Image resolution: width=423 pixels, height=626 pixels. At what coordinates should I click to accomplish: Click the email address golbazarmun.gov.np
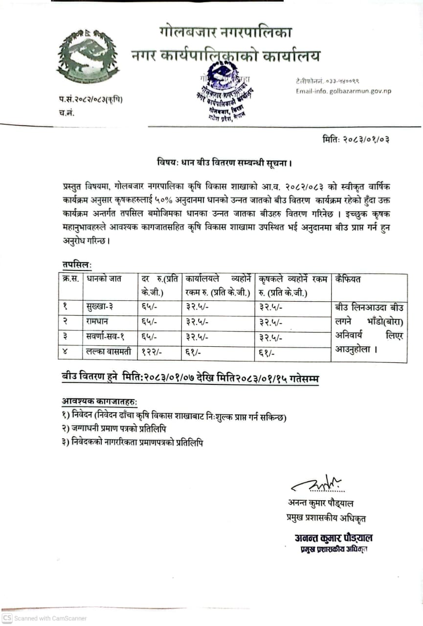(343, 91)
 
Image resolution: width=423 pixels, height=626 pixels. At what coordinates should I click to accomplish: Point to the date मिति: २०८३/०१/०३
(356, 139)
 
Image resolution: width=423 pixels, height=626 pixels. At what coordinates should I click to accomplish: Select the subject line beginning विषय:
(224, 162)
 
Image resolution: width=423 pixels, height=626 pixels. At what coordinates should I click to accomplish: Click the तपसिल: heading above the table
(77, 264)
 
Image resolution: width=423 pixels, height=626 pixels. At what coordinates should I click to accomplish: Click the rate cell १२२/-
(153, 352)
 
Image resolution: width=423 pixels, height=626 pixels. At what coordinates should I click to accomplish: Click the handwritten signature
(318, 485)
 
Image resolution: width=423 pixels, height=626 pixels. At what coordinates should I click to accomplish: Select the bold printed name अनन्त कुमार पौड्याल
(334, 538)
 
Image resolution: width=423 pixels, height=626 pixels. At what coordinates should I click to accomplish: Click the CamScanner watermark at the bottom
(45, 618)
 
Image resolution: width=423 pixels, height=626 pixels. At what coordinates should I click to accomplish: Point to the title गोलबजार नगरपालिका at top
(225, 33)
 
